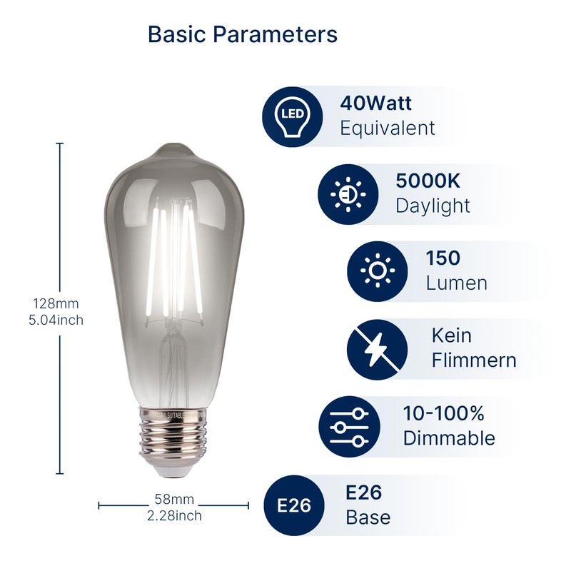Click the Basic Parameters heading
click(x=242, y=34)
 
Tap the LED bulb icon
click(x=292, y=116)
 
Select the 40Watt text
click(x=375, y=103)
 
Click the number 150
click(x=443, y=258)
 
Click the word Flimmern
click(x=473, y=360)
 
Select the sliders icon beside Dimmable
click(x=348, y=426)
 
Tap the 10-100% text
click(x=443, y=413)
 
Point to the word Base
click(x=368, y=517)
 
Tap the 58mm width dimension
click(x=174, y=500)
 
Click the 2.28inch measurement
click(x=174, y=515)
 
